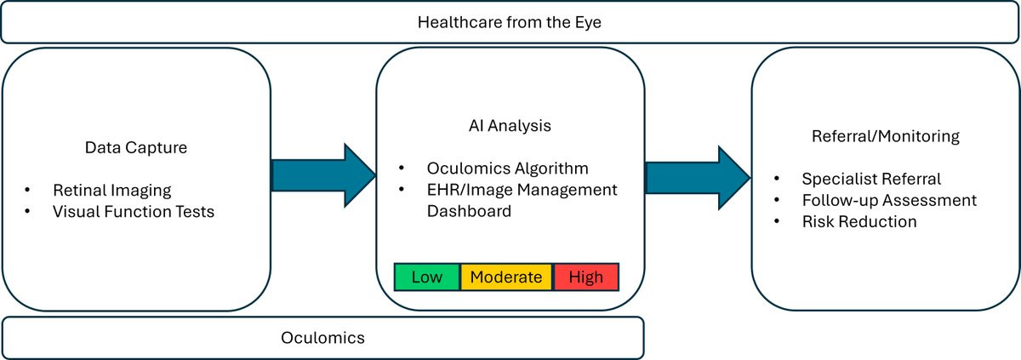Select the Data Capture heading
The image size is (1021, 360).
136,147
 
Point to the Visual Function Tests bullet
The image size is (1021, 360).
134,211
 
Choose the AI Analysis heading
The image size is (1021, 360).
510,125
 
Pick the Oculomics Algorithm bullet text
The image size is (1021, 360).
508,168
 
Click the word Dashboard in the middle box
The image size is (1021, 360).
470,210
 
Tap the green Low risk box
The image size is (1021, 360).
426,277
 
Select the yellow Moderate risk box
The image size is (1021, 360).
506,277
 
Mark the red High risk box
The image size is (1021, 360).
586,277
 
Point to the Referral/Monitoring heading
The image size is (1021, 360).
886,136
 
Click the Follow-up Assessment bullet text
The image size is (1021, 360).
889,201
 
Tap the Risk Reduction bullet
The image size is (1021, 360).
859,222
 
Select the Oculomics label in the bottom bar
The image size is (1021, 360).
322,338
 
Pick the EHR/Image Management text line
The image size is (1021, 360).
522,189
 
